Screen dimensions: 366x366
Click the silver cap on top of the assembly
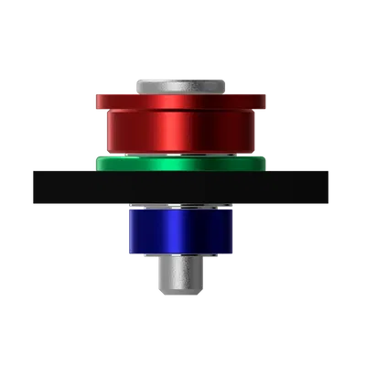[x=180, y=84]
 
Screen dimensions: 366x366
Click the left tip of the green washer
[x=96, y=163]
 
